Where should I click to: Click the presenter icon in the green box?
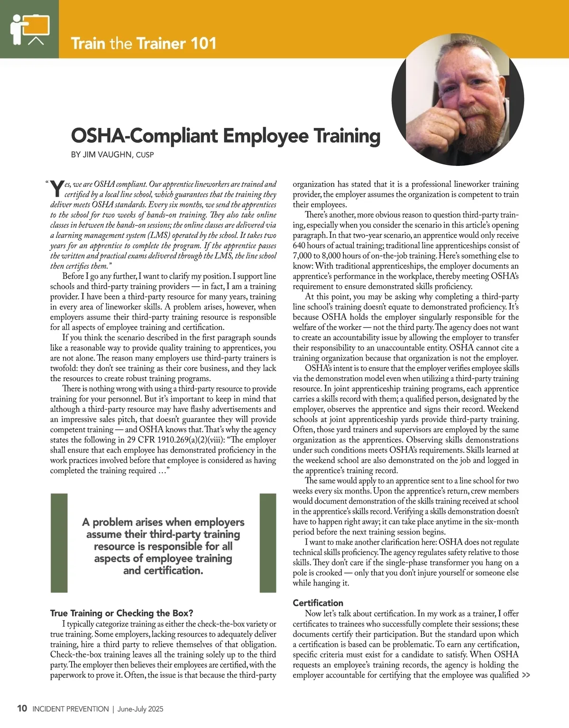coord(29,29)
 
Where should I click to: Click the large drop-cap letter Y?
coord(57,189)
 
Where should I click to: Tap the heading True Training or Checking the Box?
coord(122,613)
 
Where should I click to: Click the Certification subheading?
coord(318,603)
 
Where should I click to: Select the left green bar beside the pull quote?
coord(59,543)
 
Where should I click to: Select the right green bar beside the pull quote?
coord(268,543)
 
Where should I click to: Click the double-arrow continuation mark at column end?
coord(526,675)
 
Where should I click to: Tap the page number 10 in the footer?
coord(22,709)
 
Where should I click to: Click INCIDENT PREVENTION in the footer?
coord(70,709)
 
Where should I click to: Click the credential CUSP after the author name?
coord(145,155)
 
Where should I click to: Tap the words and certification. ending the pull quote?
coord(163,571)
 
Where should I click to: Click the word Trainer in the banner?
coord(161,44)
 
